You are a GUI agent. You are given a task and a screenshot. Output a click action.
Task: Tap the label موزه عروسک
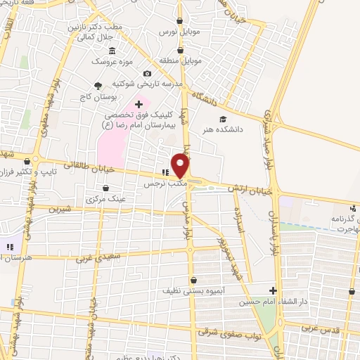click(x=110, y=61)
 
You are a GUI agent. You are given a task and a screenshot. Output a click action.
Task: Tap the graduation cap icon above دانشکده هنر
click(x=223, y=119)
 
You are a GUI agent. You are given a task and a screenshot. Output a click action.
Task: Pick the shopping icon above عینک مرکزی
click(x=105, y=188)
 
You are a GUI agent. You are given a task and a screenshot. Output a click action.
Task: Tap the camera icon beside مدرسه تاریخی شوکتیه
click(x=147, y=73)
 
